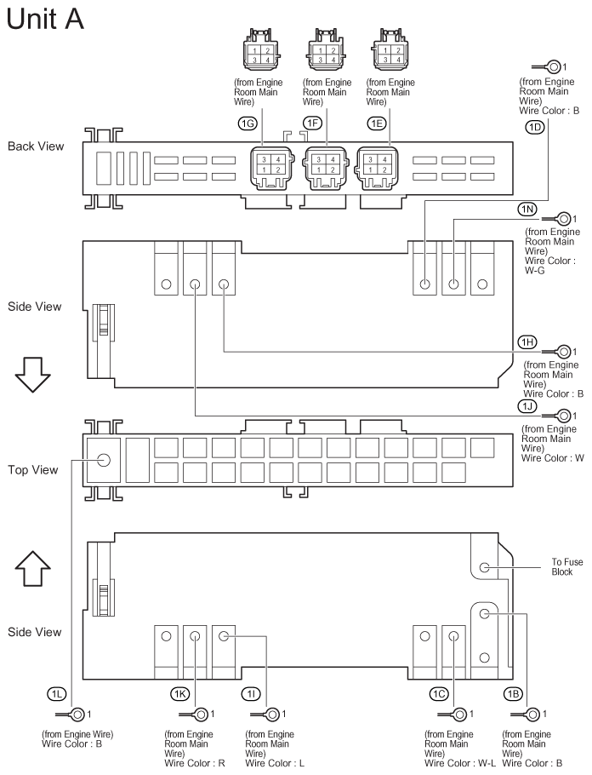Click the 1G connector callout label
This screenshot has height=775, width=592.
(248, 123)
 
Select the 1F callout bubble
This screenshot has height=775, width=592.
(312, 123)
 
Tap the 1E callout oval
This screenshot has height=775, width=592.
(377, 123)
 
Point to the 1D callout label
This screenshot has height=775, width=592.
(534, 128)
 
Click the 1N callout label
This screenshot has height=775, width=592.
(527, 209)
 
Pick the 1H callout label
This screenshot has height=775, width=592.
(527, 342)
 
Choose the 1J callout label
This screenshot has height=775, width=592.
(527, 406)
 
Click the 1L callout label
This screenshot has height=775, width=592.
(57, 694)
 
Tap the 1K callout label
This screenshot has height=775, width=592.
(179, 694)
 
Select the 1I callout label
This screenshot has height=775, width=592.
(251, 694)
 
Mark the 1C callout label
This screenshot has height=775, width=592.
(439, 694)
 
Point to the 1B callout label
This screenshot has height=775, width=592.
(513, 694)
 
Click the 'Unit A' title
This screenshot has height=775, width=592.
(45, 20)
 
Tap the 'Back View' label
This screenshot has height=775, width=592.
(36, 146)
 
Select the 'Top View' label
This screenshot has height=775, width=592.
(32, 469)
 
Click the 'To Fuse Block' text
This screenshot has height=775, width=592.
(566, 567)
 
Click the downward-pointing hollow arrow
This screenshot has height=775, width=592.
(32, 374)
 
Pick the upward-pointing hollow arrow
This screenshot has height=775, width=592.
(32, 568)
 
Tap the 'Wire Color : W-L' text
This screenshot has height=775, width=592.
(460, 763)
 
